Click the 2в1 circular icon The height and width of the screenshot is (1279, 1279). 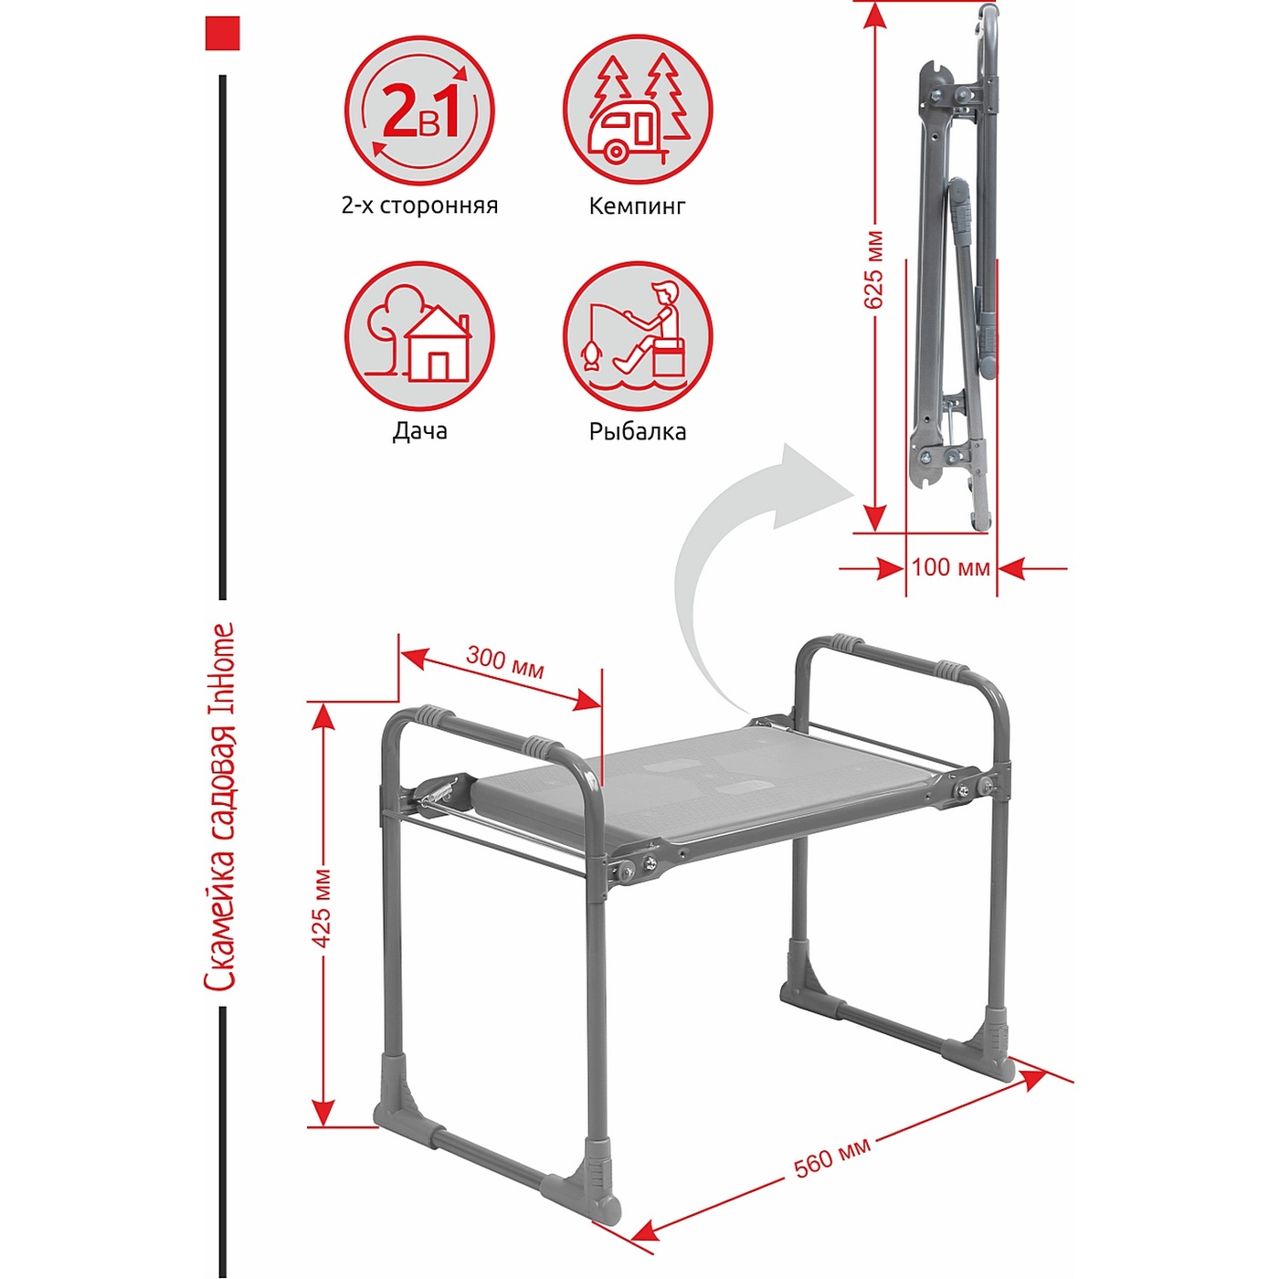tap(419, 111)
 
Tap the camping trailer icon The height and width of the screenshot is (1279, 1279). tap(638, 111)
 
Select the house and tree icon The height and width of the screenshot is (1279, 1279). tap(419, 336)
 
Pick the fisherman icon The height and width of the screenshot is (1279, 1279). tap(638, 336)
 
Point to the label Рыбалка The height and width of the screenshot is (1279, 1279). tap(637, 432)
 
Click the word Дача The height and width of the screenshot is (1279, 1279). tap(419, 431)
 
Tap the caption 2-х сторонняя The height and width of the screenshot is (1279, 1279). tap(419, 206)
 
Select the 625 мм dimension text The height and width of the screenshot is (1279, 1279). tap(874, 269)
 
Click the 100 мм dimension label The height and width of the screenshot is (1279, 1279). tap(950, 568)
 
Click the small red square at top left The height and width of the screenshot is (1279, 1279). tap(222, 33)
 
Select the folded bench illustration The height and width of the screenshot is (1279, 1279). tap(953, 269)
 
